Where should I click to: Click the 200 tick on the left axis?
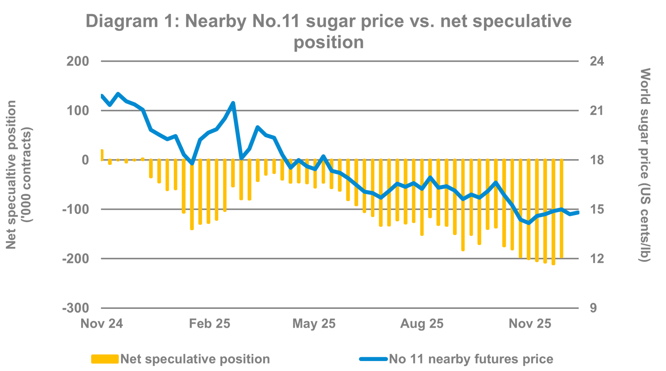pos(77,61)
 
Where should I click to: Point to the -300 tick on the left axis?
pos(76,308)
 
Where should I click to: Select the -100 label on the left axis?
pos(76,209)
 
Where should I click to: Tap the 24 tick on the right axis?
pos(596,61)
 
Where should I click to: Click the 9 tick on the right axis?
pos(593,308)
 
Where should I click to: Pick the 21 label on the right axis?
pos(596,110)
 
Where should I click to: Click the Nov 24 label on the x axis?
pos(101,323)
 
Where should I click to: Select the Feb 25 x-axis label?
pos(210,323)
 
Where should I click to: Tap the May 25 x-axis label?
pos(314,323)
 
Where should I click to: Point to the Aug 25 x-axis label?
pos(422,323)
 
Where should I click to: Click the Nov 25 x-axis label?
pos(530,323)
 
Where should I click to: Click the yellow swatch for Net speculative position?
pos(105,359)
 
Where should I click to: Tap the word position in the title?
pos(329,42)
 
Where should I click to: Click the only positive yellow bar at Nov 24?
pos(102,154)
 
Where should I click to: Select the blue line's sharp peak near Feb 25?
pos(233,103)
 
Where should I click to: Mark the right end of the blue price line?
pos(578,212)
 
